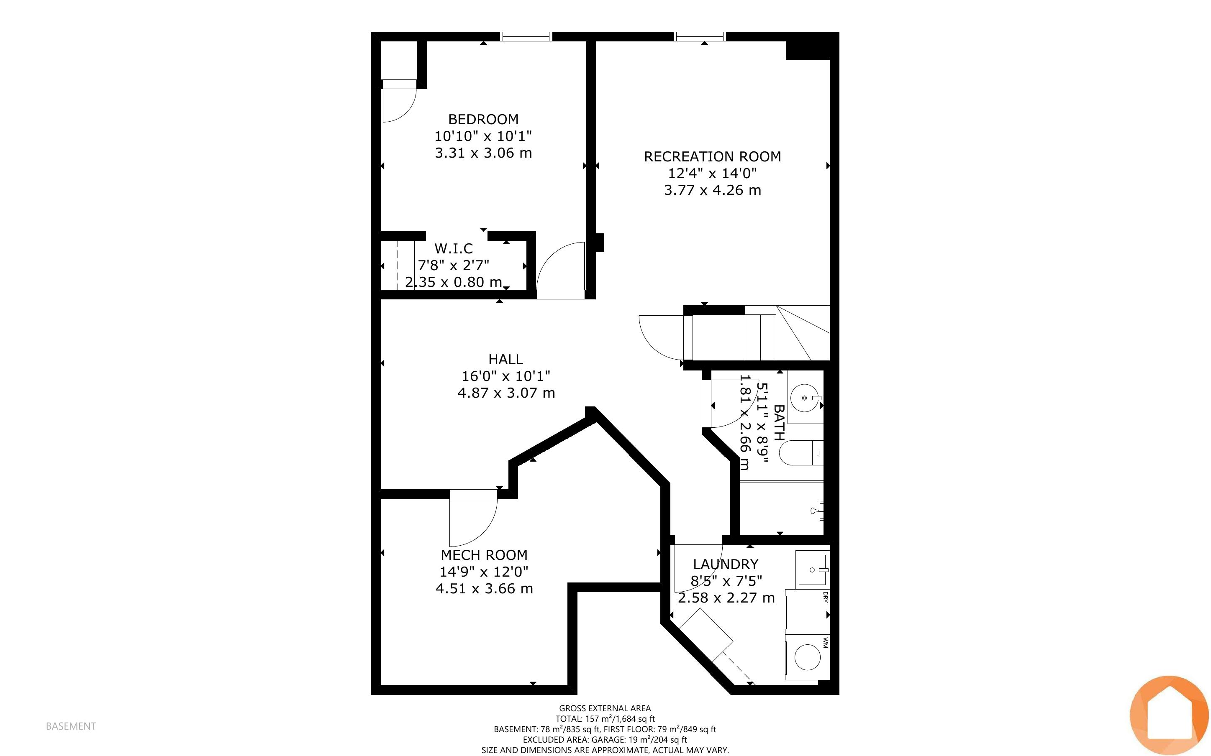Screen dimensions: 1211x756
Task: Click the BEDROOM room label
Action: point(483,120)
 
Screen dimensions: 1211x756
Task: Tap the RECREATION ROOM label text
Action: point(712,157)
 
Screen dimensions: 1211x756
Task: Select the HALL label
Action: point(506,360)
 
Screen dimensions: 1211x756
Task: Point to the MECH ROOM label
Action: point(484,555)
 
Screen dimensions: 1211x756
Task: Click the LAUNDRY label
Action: point(725,564)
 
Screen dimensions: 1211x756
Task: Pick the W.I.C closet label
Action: point(454,248)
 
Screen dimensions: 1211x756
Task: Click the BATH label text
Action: point(779,422)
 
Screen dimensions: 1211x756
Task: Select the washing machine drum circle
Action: point(807,657)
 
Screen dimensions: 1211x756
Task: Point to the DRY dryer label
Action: point(825,597)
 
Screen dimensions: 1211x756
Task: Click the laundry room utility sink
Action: point(813,569)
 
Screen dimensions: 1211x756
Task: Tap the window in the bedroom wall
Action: point(526,36)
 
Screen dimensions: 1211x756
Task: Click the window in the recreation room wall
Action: point(700,36)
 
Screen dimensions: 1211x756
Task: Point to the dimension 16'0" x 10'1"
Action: point(506,376)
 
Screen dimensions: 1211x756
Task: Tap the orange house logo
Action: point(1169,715)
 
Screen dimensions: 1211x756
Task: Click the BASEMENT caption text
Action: point(71,726)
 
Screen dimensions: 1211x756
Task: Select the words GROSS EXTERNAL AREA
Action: point(605,708)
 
